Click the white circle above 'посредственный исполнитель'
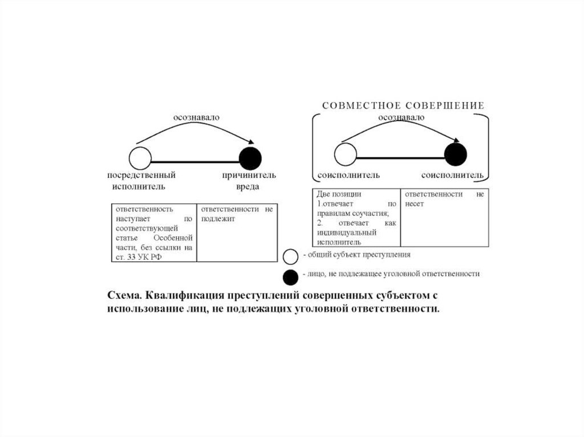point(140,158)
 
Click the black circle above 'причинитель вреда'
point(250,158)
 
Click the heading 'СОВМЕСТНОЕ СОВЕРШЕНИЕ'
point(403,105)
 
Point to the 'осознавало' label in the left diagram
point(196,117)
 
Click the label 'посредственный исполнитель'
point(141,181)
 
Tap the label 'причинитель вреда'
point(249,181)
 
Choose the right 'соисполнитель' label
point(453,175)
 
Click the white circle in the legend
point(291,256)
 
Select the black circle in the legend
point(291,277)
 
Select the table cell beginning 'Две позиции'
point(356,218)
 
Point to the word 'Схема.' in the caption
point(124,296)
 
